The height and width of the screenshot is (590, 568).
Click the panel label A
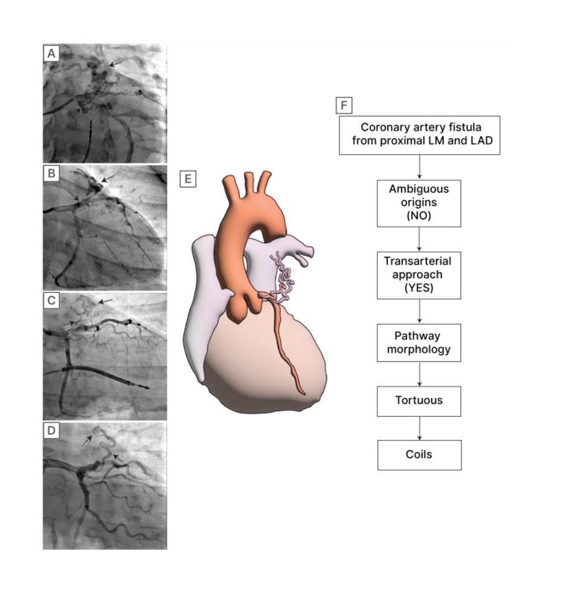tap(52, 54)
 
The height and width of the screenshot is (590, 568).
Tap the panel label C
tap(52, 302)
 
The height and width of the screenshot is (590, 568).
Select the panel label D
tap(52, 430)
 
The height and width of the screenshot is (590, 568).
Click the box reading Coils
tap(419, 455)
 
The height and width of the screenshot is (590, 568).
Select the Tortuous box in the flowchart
tap(419, 400)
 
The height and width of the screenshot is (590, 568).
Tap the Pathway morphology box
tap(419, 343)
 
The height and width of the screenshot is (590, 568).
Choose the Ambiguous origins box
tap(419, 203)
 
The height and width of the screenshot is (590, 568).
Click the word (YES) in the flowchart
tap(419, 287)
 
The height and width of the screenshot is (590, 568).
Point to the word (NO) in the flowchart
tap(419, 216)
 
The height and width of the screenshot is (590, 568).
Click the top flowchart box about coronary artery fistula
tap(419, 135)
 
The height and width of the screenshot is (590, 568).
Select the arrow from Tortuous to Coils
tap(419, 428)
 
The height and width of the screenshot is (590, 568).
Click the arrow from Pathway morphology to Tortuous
tap(419, 373)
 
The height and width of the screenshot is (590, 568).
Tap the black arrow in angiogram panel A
tap(117, 62)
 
